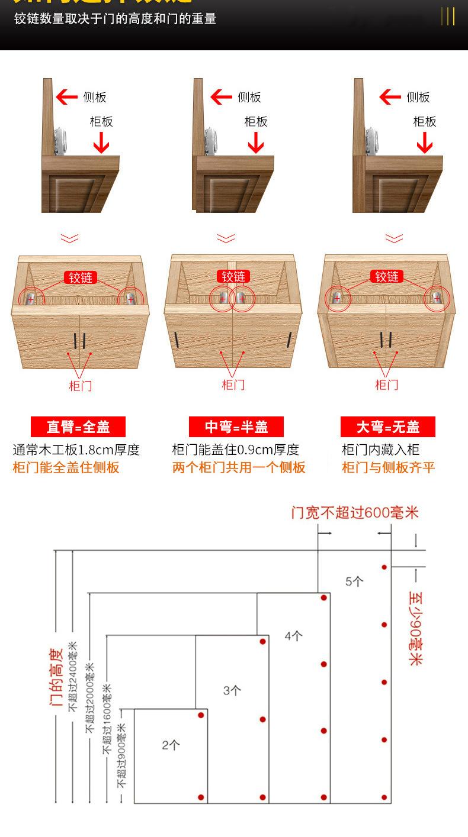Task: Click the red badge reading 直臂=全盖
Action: (78, 426)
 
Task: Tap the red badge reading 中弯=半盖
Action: (236, 426)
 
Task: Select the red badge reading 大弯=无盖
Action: (388, 426)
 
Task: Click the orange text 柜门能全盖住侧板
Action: (66, 467)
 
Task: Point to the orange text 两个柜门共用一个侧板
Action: (239, 467)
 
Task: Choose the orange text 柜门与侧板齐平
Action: (389, 467)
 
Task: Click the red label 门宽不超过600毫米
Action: (355, 512)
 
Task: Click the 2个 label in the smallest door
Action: (171, 745)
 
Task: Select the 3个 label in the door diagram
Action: (232, 690)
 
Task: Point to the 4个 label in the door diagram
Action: (293, 636)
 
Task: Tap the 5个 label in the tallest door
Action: (354, 581)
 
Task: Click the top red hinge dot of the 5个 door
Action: (384, 567)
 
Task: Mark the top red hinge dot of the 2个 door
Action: (201, 715)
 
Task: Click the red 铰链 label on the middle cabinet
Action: (233, 276)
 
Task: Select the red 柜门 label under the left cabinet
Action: (80, 386)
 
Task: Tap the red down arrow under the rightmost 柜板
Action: (424, 143)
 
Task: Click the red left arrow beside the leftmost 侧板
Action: (66, 97)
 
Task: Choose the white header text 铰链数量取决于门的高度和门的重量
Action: (116, 19)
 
